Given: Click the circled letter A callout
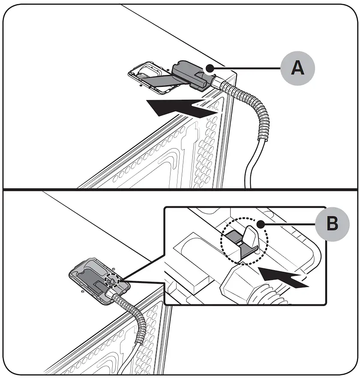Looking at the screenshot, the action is pos(297,68).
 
